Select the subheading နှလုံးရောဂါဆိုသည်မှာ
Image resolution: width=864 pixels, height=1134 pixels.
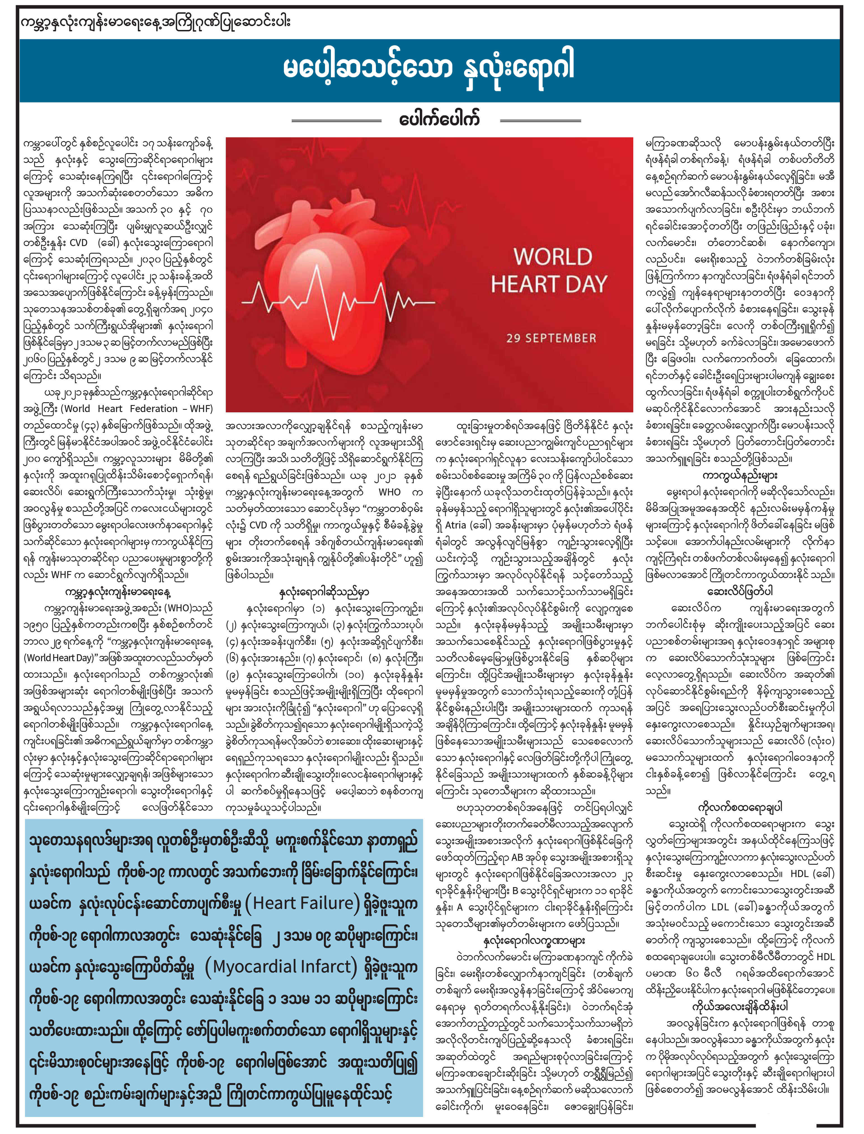click(x=324, y=593)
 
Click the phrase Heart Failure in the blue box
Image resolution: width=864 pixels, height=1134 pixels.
click(x=303, y=903)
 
